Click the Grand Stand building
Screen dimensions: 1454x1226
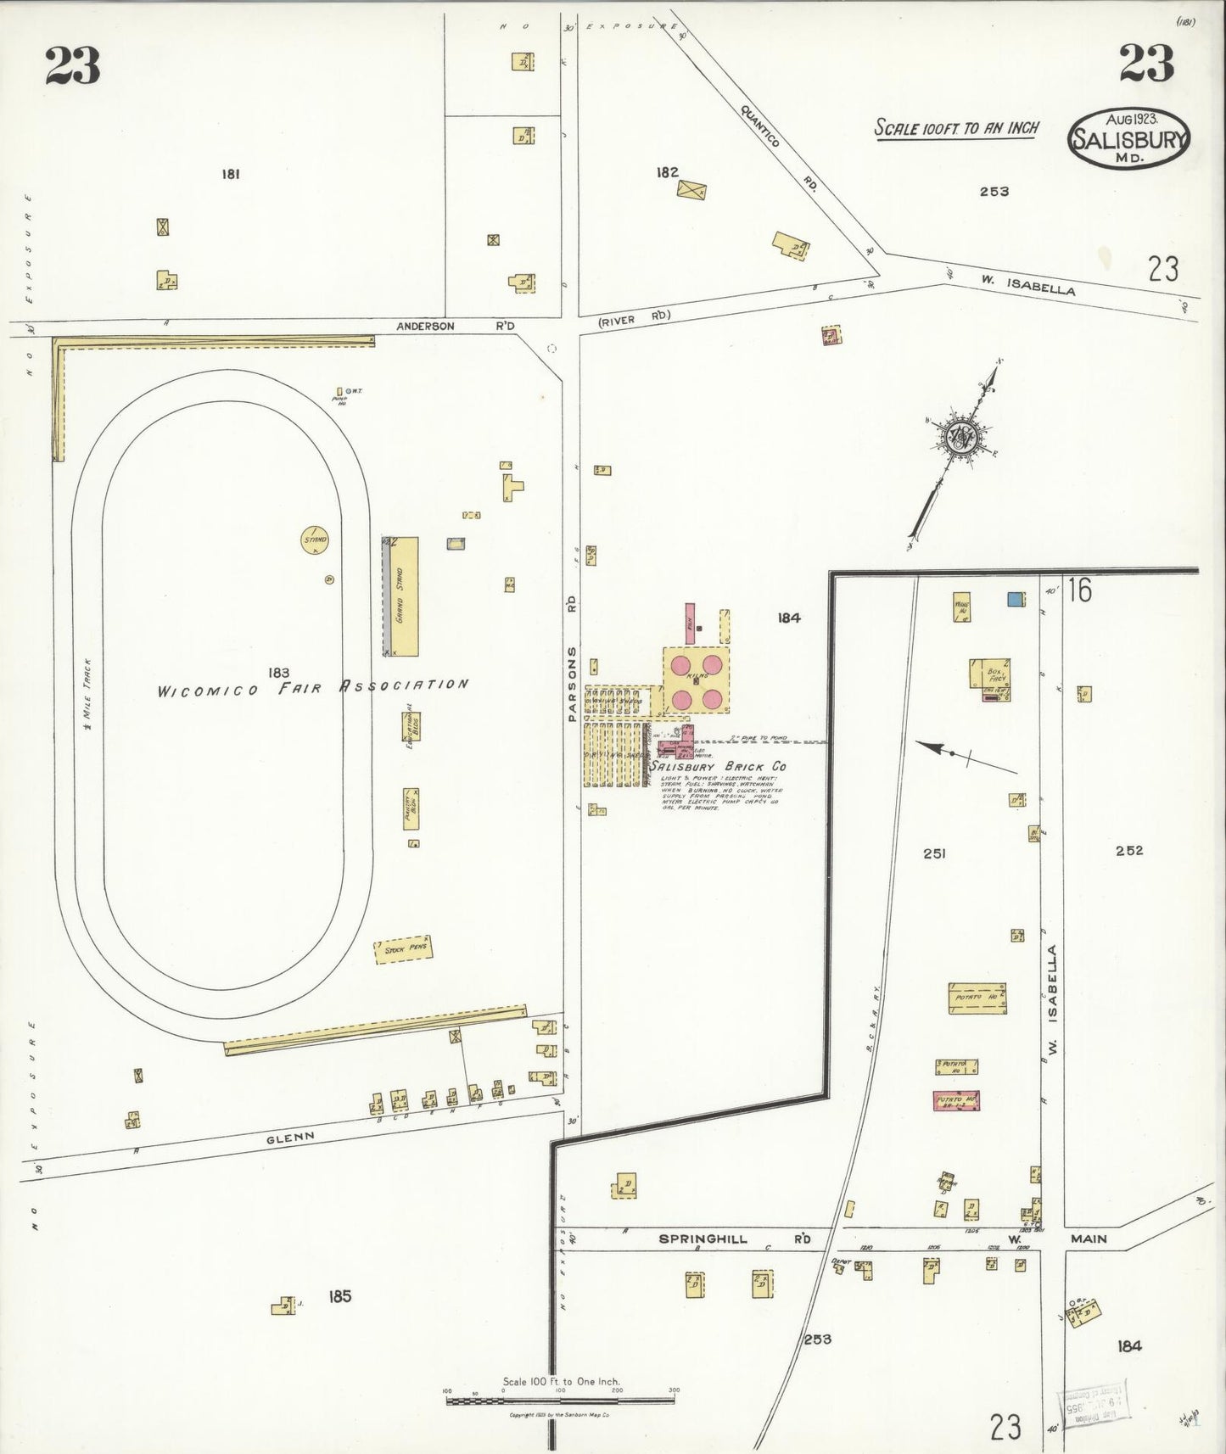click(404, 596)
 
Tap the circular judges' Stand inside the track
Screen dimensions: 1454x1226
click(315, 540)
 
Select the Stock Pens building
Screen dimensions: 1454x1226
click(404, 949)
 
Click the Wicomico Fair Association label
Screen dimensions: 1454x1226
click(312, 688)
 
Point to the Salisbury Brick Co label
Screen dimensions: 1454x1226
click(718, 766)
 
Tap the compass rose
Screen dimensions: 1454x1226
click(960, 439)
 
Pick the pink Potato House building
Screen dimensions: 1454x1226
click(956, 1100)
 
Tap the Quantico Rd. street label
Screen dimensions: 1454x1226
click(778, 149)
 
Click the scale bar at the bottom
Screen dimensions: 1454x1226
click(561, 1400)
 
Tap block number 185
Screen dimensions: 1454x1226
click(339, 1296)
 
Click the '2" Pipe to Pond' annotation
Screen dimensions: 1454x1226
click(764, 738)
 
